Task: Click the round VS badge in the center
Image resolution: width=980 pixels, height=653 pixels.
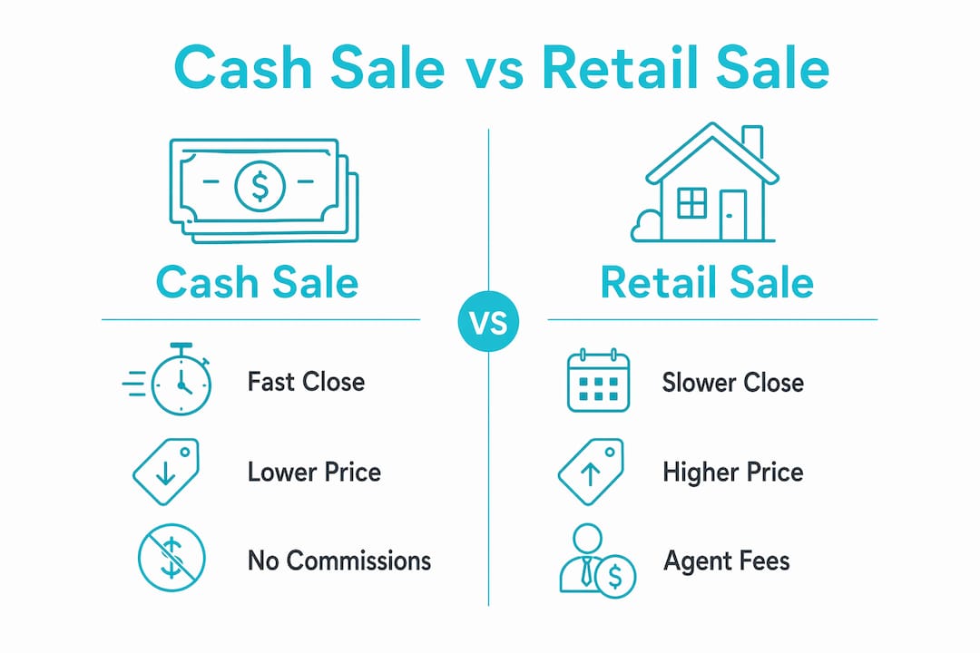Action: [488, 321]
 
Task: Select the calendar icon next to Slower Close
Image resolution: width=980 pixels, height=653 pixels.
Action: [598, 381]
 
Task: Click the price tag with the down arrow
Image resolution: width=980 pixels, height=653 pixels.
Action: [166, 472]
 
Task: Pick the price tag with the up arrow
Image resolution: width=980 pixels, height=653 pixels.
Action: [591, 472]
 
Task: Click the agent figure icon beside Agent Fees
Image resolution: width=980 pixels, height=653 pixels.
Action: [597, 560]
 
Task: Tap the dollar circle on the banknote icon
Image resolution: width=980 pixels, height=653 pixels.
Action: [260, 186]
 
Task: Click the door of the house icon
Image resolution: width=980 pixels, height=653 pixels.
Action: [732, 215]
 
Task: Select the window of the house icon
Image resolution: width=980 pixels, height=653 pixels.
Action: [691, 202]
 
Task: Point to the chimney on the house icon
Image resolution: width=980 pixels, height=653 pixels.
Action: [752, 141]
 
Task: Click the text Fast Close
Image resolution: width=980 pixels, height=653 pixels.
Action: [307, 382]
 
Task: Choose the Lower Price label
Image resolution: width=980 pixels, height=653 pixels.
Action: [314, 472]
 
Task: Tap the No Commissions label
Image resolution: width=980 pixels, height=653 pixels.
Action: [339, 560]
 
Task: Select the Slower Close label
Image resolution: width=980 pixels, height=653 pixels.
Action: [733, 383]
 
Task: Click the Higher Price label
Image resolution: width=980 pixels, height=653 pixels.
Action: [733, 472]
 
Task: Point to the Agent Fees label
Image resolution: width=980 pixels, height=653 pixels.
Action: [727, 561]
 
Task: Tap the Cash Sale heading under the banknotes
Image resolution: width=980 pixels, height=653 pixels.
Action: [257, 282]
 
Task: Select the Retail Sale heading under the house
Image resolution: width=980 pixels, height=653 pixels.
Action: [707, 282]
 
